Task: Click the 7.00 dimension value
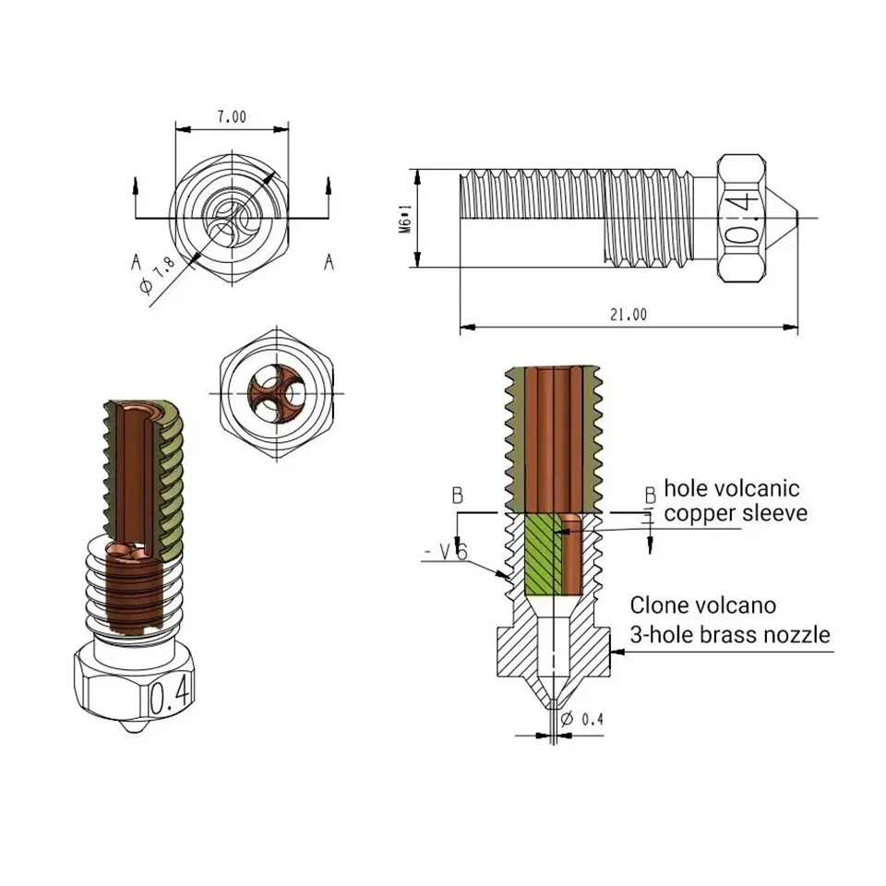click(x=232, y=117)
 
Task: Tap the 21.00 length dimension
click(x=629, y=314)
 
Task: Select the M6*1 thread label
click(x=404, y=219)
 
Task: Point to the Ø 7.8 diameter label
click(x=157, y=275)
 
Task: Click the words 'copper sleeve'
click(x=736, y=513)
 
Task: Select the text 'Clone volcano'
click(x=703, y=605)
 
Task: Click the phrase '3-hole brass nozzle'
click(x=730, y=635)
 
